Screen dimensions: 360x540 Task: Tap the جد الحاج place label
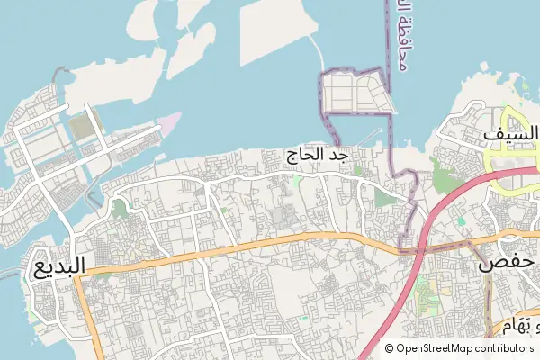pyautogui.click(x=317, y=156)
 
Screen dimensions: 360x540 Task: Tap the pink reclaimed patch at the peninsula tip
pyautogui.click(x=168, y=121)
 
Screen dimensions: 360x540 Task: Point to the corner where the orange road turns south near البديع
pyautogui.click(x=79, y=278)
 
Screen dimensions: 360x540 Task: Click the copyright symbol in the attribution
pyautogui.click(x=389, y=348)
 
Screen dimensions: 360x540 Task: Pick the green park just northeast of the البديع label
pyautogui.click(x=118, y=211)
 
